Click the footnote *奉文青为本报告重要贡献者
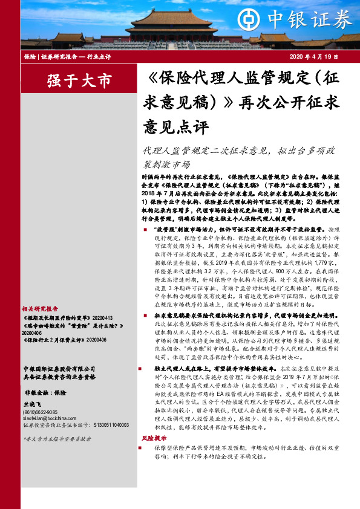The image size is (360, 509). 56,439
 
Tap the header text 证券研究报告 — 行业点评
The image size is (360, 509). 71,56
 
